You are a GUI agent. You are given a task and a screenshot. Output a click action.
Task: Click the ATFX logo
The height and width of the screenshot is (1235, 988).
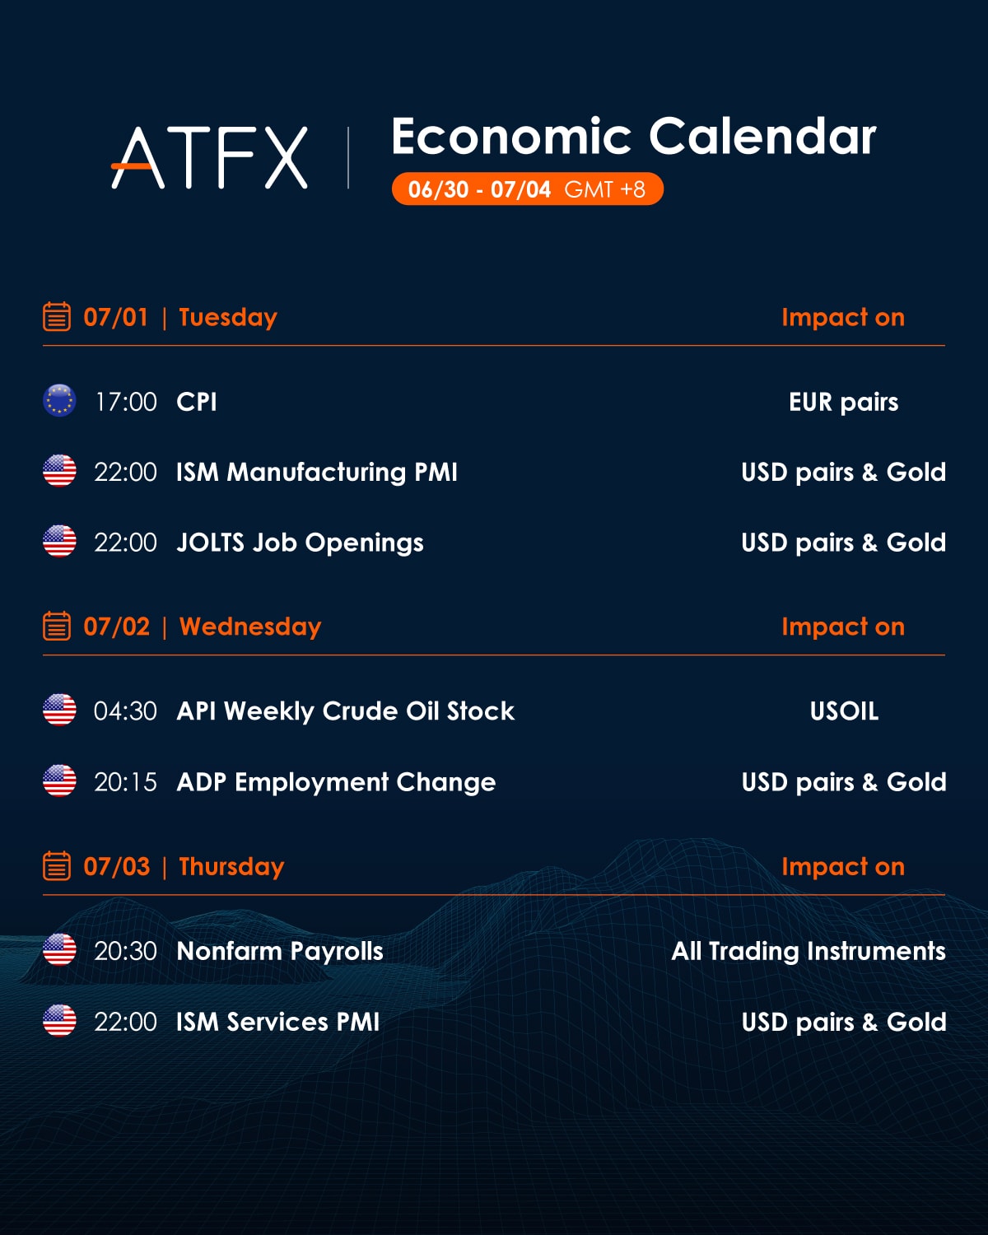[210, 157]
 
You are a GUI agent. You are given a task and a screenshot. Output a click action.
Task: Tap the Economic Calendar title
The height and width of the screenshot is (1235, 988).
[634, 136]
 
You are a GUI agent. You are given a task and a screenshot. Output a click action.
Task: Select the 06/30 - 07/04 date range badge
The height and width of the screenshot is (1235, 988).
[528, 189]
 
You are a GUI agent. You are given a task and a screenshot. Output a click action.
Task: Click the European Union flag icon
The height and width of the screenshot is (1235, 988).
[59, 401]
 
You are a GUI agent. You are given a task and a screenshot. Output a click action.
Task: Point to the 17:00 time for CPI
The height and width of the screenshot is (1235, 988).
[126, 402]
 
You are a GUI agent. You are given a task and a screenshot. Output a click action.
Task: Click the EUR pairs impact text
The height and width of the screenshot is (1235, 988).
[843, 403]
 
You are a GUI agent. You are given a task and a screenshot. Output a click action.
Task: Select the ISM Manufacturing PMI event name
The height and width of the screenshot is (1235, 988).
[317, 473]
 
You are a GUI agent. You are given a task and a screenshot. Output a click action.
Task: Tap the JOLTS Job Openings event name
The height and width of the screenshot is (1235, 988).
[300, 543]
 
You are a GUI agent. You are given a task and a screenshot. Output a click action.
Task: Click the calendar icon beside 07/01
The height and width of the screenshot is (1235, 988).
[57, 317]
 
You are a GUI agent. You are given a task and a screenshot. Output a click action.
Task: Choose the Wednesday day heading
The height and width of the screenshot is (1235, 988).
[250, 627]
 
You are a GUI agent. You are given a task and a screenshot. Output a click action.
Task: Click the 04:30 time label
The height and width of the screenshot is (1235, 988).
[126, 711]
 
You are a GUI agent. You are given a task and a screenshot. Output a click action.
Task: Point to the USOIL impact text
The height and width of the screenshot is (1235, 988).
[844, 711]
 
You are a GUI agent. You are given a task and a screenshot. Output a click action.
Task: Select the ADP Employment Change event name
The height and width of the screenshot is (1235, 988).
[337, 782]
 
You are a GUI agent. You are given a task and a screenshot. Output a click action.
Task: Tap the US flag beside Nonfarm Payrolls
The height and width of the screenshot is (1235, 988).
[59, 950]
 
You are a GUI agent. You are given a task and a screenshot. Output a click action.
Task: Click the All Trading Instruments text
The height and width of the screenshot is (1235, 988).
[809, 952]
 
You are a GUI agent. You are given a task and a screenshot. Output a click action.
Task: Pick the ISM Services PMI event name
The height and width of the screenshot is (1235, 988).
[277, 1022]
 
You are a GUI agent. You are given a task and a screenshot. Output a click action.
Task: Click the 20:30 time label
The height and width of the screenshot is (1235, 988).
[126, 952]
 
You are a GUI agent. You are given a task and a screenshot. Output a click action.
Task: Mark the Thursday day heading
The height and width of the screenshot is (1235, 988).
[232, 867]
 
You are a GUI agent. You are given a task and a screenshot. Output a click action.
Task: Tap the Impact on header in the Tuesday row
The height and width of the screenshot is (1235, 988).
[843, 318]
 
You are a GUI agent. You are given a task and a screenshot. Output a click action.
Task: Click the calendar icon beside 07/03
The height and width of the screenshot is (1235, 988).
[57, 865]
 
